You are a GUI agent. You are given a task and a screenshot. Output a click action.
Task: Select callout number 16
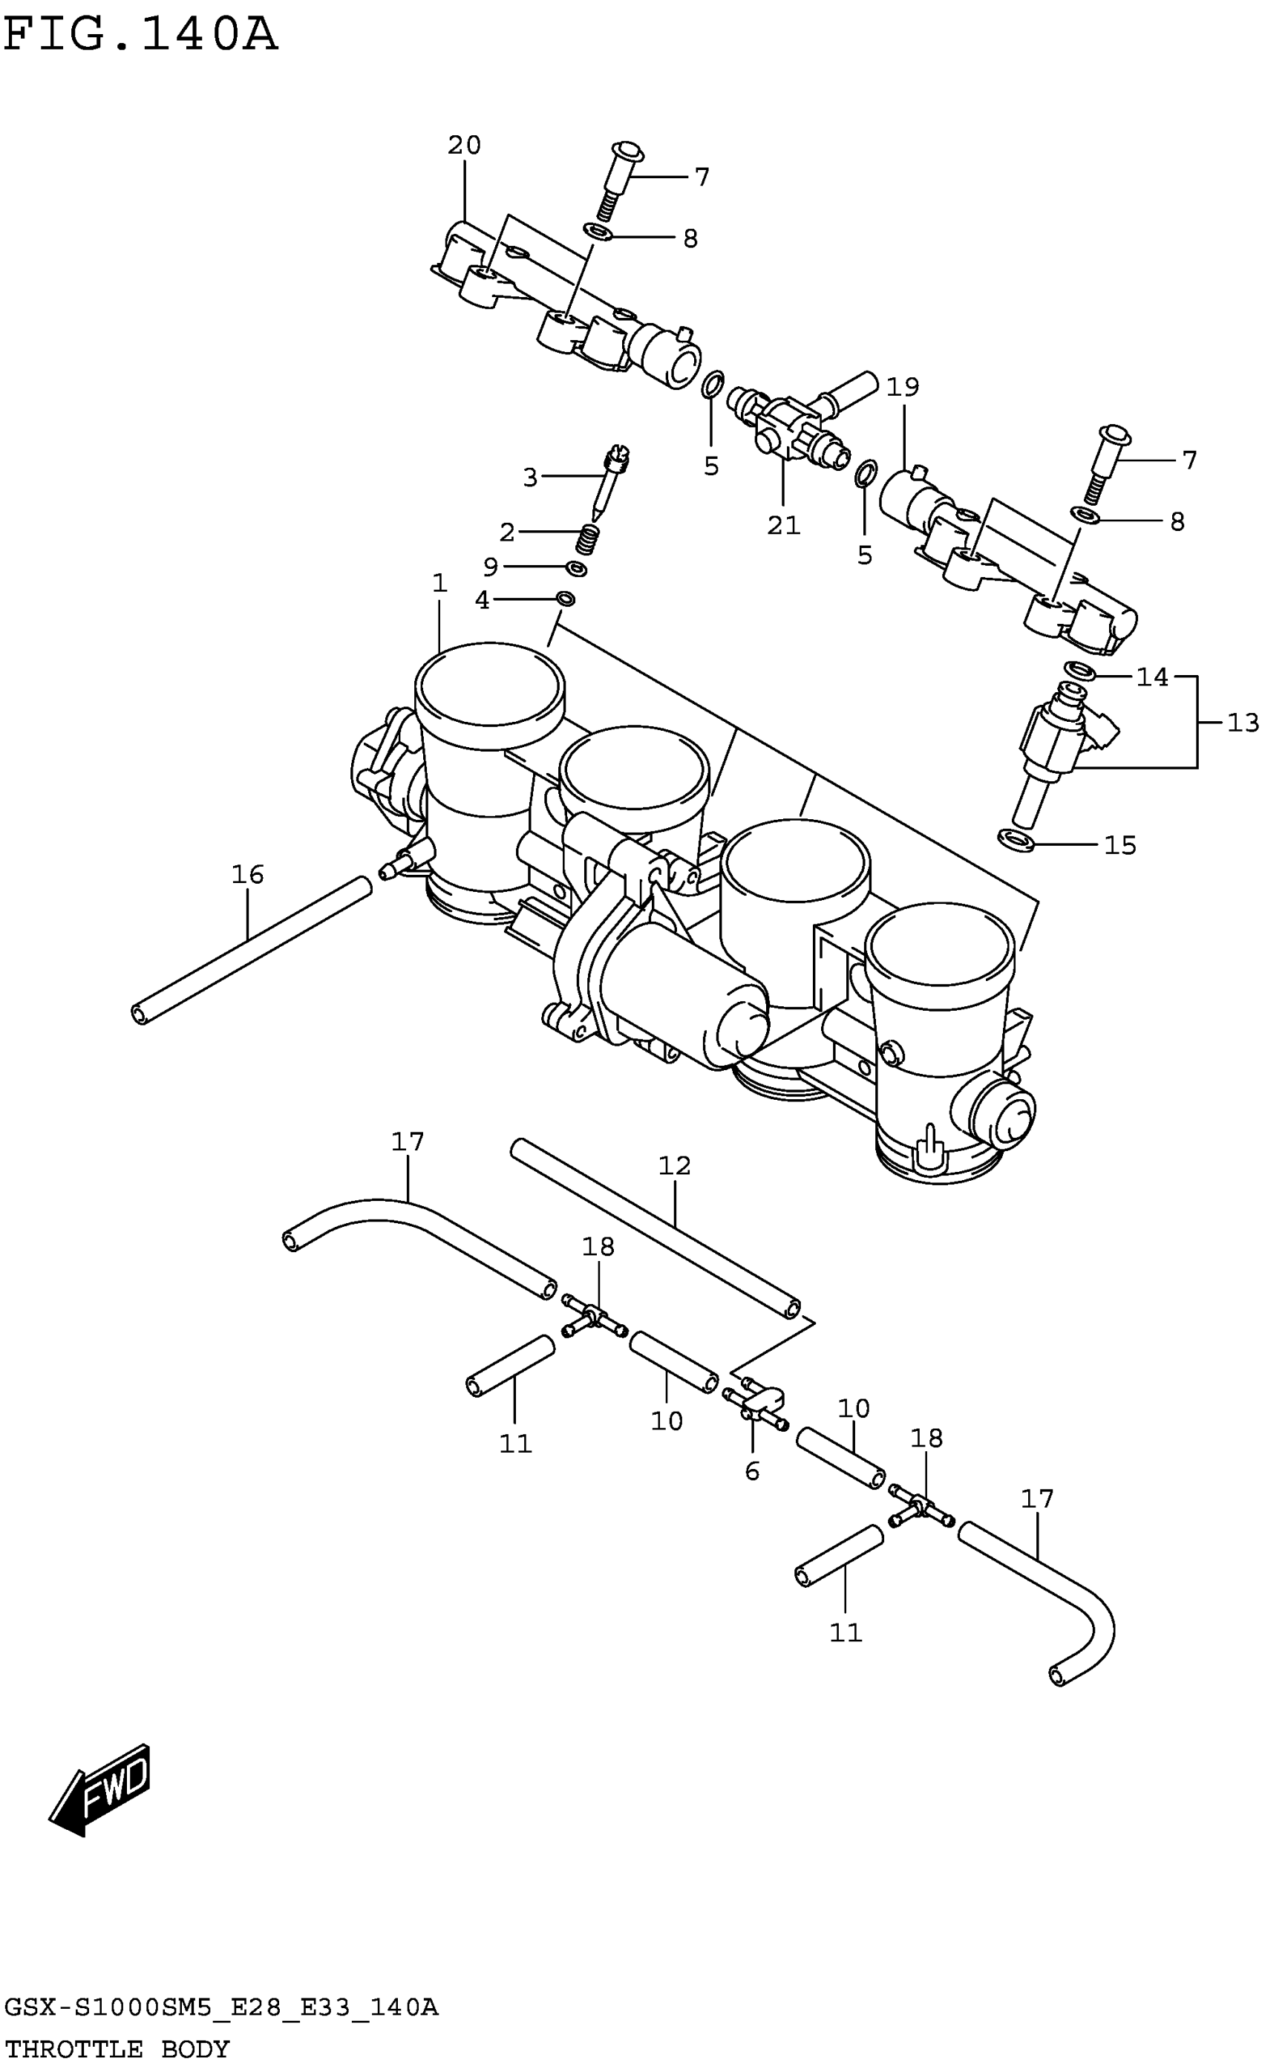(248, 875)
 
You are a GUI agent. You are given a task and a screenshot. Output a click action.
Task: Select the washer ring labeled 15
(1016, 838)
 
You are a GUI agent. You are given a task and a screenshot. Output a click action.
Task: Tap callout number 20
(464, 146)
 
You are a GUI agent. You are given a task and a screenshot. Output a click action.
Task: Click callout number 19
(903, 387)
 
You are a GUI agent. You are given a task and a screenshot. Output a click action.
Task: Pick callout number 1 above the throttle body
(439, 583)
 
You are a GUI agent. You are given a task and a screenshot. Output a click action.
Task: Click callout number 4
(483, 600)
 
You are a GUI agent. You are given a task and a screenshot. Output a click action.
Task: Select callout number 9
(490, 567)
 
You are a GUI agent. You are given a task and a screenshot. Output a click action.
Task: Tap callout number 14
(1152, 677)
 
